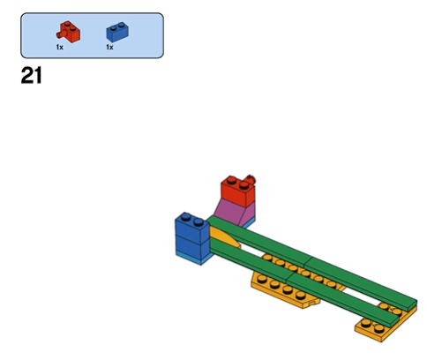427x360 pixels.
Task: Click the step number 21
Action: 32,76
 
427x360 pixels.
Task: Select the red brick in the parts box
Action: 69,32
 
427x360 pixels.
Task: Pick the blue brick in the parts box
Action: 117,32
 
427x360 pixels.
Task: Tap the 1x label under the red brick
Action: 60,47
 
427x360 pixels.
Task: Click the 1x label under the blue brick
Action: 109,47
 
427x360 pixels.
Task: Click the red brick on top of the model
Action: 238,191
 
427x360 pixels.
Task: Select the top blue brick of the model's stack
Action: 191,228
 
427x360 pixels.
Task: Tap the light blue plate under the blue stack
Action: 194,259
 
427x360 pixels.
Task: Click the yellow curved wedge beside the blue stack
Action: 223,237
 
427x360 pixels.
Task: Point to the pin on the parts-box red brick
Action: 60,34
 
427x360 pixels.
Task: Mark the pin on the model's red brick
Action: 251,179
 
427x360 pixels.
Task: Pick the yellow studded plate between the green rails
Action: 303,272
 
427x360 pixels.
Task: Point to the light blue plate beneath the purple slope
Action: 248,224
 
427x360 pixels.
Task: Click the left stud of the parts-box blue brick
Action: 113,28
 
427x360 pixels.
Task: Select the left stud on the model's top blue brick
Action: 186,217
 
